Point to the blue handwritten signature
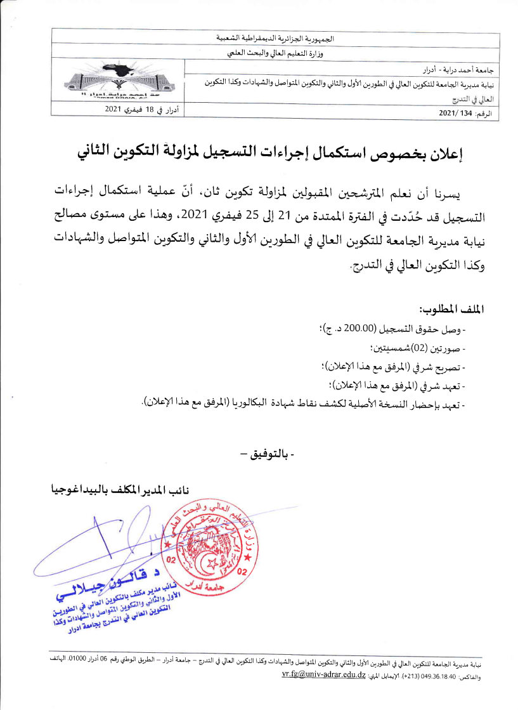coord(101,546)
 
